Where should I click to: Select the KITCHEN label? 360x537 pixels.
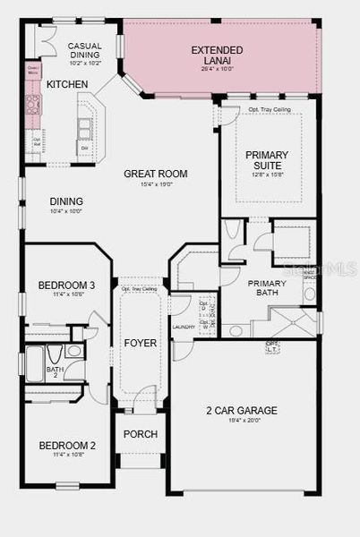[67, 84]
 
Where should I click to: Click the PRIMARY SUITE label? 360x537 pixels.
[268, 160]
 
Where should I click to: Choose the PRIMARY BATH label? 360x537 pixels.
[266, 287]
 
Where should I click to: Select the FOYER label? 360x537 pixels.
[141, 343]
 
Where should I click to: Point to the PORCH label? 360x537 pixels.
[141, 434]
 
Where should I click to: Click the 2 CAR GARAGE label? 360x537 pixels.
[241, 411]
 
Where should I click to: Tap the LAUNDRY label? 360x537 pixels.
[184, 328]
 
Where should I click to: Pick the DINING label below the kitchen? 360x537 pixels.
[66, 201]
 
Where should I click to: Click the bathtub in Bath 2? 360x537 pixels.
[33, 362]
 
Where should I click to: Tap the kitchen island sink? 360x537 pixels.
[83, 129]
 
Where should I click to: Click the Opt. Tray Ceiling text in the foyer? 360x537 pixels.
[140, 289]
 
